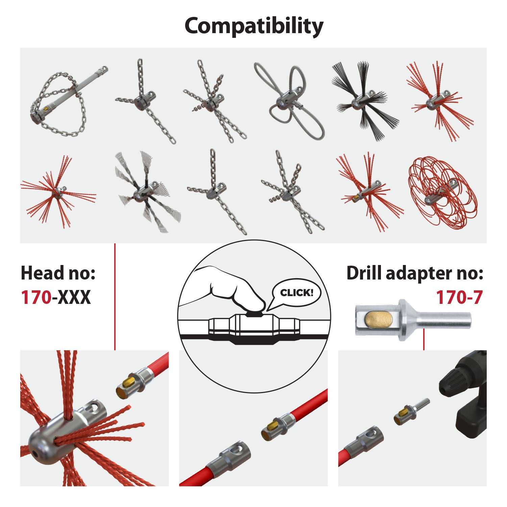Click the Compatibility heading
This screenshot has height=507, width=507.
254,26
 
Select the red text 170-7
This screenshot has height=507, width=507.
459,297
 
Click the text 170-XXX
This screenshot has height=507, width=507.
56,297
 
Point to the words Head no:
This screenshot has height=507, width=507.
58,273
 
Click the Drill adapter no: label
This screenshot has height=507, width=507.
415,273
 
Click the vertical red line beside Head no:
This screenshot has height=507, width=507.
115,297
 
